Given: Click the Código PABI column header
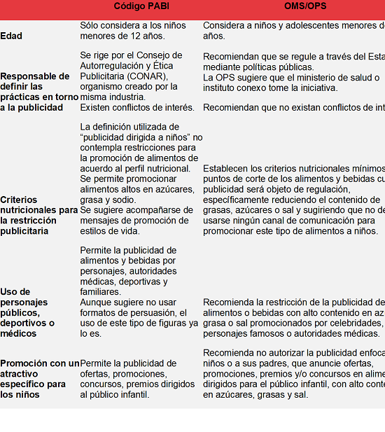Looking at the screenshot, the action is [x=141, y=7].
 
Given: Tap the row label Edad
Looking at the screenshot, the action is [x=11, y=36].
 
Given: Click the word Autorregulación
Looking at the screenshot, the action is [x=113, y=66].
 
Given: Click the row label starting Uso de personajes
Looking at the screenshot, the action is [x=27, y=307].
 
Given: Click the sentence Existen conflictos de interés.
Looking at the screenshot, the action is [x=137, y=107].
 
